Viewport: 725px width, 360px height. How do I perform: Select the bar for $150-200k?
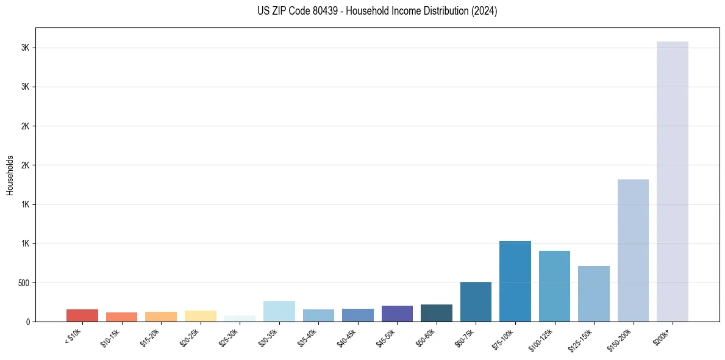(633, 250)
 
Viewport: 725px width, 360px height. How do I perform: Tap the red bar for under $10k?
(82, 315)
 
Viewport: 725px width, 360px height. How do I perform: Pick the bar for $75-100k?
(515, 281)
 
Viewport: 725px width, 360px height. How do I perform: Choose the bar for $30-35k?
(279, 311)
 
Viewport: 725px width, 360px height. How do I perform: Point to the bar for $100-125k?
(554, 286)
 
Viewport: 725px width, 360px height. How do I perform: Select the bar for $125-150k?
(594, 293)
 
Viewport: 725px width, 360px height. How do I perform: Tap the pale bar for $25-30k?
(240, 319)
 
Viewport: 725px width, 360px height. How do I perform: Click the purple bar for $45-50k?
(397, 314)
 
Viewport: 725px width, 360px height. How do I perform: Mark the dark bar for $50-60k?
(437, 313)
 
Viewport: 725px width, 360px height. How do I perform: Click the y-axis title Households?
(10, 175)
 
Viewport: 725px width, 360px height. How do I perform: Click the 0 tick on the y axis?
(28, 322)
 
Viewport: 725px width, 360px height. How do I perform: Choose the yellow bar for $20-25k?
(201, 316)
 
